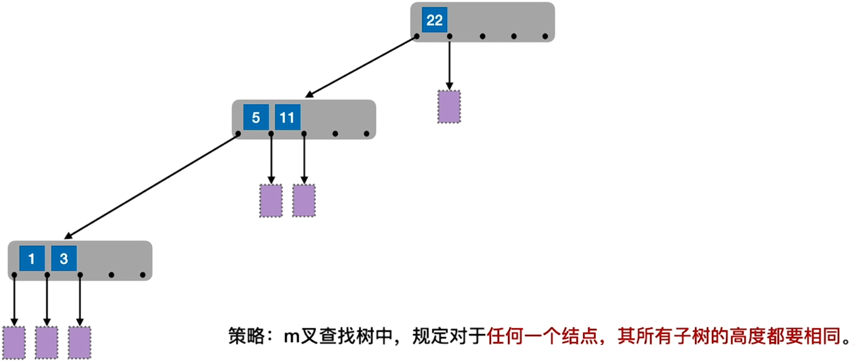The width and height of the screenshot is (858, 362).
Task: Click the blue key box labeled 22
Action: [434, 21]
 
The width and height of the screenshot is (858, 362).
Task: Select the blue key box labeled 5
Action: [256, 117]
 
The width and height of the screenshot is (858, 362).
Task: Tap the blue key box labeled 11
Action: [287, 117]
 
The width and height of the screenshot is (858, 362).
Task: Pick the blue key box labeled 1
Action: [32, 259]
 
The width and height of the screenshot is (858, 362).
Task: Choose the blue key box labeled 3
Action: [63, 259]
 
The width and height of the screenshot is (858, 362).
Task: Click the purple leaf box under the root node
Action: [449, 107]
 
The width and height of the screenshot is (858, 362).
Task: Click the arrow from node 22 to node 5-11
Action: [361, 67]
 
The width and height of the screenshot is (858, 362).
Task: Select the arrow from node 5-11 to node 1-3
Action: [152, 186]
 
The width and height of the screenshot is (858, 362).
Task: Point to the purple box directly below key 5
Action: [271, 201]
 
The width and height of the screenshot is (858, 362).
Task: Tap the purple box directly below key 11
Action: [304, 201]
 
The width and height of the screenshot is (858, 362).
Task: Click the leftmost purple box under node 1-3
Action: [14, 342]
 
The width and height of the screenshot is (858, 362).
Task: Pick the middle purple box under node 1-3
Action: [46, 342]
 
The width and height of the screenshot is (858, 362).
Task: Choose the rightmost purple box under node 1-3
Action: [79, 342]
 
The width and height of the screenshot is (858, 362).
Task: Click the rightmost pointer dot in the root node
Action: [545, 37]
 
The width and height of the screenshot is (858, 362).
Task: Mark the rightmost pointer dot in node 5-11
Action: [366, 134]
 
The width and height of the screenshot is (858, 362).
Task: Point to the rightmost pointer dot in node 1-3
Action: [142, 276]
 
